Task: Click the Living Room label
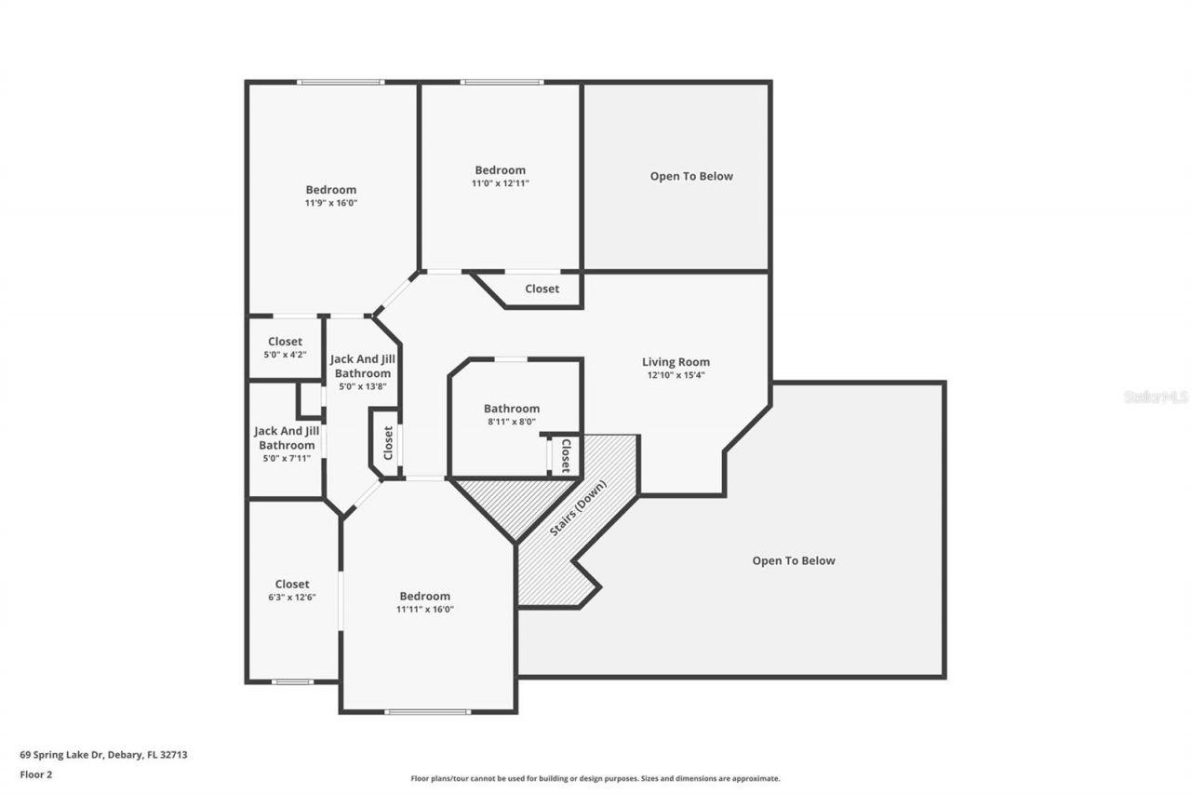point(676,362)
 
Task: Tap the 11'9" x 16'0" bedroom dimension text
point(330,203)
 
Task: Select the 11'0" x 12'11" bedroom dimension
point(500,183)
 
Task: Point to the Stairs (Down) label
point(578,508)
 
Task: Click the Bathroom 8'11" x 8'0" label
point(511,409)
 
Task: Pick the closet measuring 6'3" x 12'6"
point(291,591)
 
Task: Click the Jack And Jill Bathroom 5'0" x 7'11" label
point(287,445)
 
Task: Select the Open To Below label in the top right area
point(691,176)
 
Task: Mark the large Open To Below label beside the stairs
point(793,560)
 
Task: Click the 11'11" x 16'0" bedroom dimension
point(424,610)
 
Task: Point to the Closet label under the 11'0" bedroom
point(542,289)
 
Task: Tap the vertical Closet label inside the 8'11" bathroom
point(565,455)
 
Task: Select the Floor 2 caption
point(36,774)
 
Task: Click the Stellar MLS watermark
point(1156,397)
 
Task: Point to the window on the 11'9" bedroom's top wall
point(340,83)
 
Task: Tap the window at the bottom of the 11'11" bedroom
point(427,712)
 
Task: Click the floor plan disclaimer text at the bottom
point(595,778)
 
